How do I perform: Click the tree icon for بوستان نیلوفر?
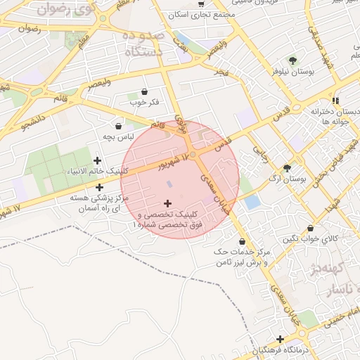click(x=292, y=60)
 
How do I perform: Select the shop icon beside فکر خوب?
click(x=145, y=91)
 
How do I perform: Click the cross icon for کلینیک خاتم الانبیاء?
click(x=97, y=160)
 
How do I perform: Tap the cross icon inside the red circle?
click(x=167, y=203)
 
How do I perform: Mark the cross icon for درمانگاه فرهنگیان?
click(x=281, y=340)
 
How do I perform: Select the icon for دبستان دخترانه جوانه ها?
click(x=336, y=101)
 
